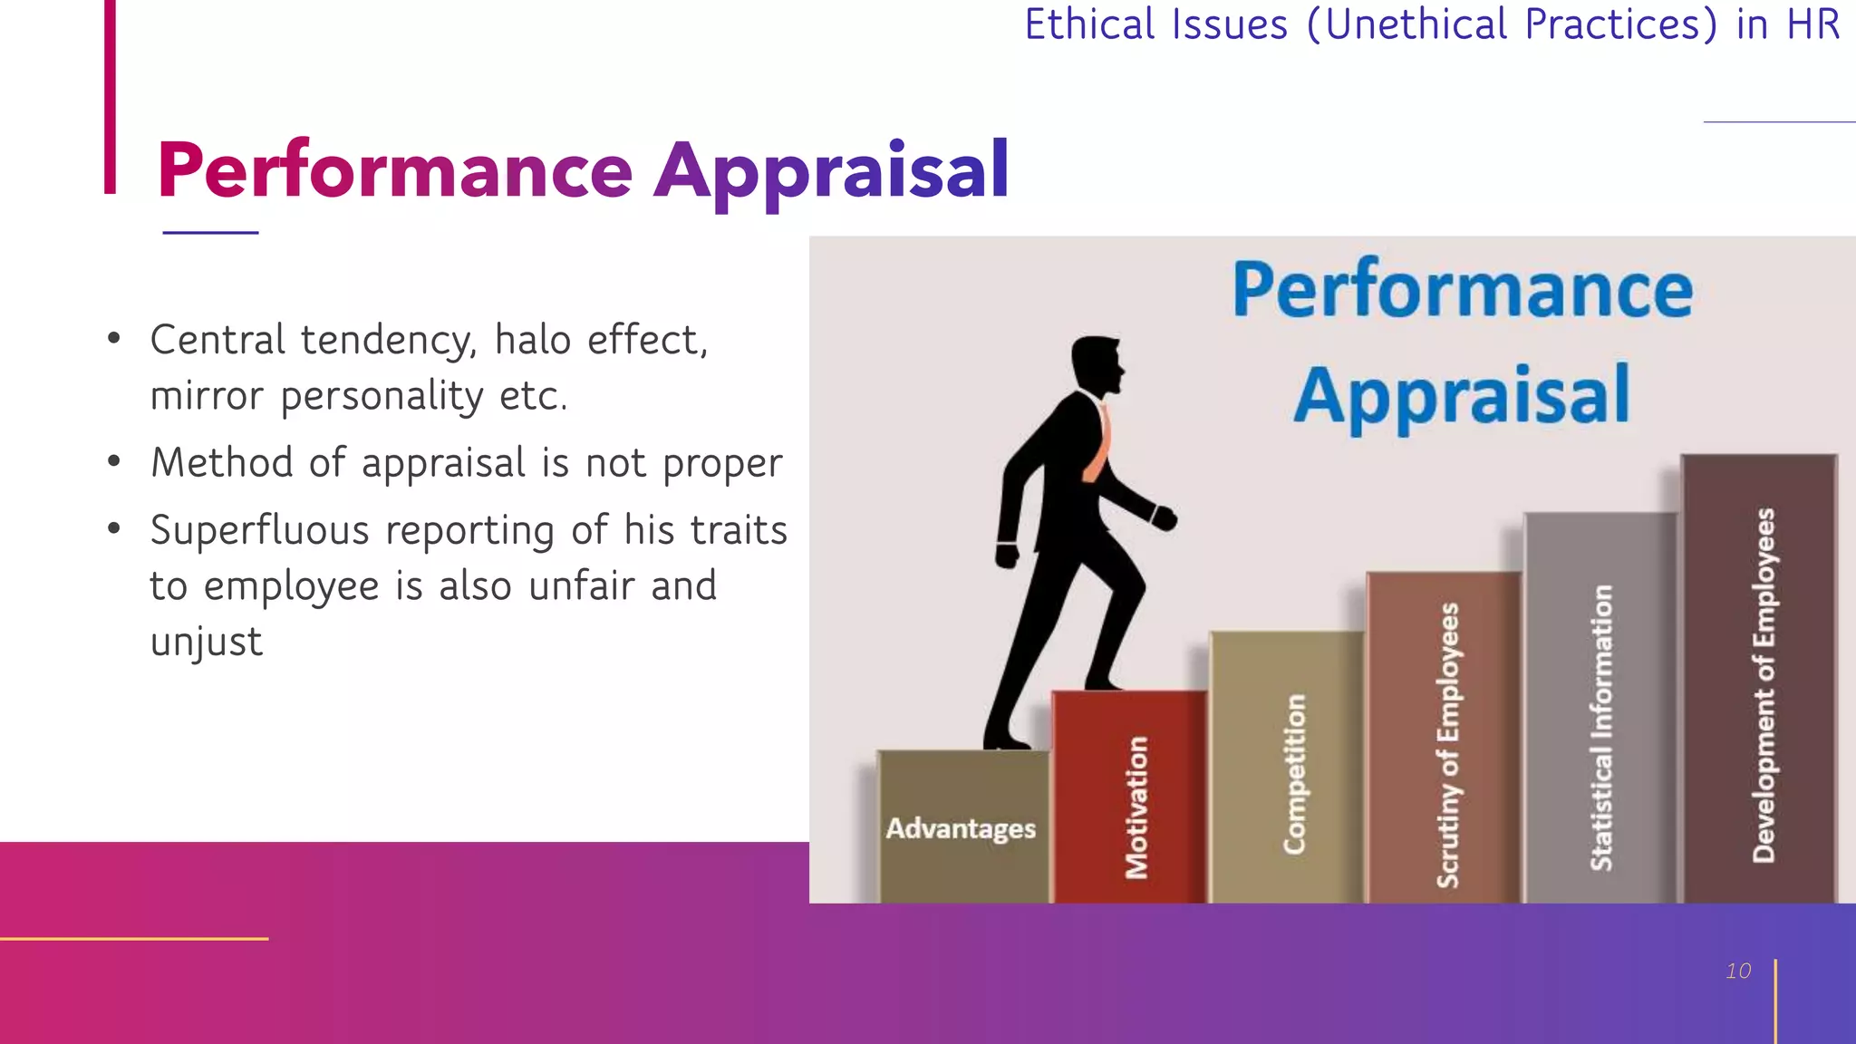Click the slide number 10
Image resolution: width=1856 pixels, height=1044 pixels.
pos(1738,971)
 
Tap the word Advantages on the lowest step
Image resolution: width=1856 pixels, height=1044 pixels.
pos(961,828)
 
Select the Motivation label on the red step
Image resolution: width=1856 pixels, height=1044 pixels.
pos(1136,807)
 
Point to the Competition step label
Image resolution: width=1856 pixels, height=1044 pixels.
pos(1295,774)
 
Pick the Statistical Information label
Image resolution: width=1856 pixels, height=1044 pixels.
pos(1602,728)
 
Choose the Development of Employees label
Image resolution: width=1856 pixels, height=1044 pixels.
pos(1764,685)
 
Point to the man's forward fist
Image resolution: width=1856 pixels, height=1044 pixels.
pos(1164,518)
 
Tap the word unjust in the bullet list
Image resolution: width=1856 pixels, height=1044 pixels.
pos(207,643)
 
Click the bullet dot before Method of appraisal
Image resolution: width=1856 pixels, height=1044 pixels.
pos(113,462)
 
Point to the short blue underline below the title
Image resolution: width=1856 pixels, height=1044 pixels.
pos(210,233)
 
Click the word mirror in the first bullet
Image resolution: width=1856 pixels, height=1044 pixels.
pos(207,396)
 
